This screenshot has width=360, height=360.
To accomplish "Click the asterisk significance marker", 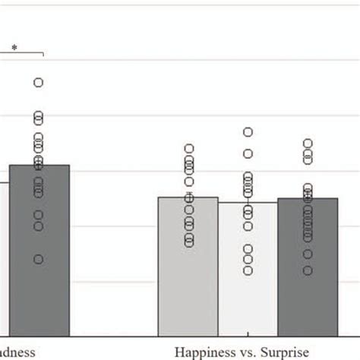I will click(14, 48).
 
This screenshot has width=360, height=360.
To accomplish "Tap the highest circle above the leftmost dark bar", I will click(38, 82).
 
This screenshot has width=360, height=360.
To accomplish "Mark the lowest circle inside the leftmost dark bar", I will click(38, 259).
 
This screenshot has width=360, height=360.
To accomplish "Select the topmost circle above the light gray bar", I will click(188, 149).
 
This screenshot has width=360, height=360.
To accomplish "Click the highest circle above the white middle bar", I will click(248, 132).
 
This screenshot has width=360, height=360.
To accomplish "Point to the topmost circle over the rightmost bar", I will click(308, 143).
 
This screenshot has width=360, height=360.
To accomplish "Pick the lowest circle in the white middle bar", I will click(248, 270).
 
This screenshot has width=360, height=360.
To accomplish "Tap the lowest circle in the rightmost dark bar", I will click(308, 270).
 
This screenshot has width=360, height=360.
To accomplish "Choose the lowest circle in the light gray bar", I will click(188, 242).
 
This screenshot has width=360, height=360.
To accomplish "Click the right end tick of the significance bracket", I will click(44, 55).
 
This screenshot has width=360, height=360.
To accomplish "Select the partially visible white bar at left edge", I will click(4, 258).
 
